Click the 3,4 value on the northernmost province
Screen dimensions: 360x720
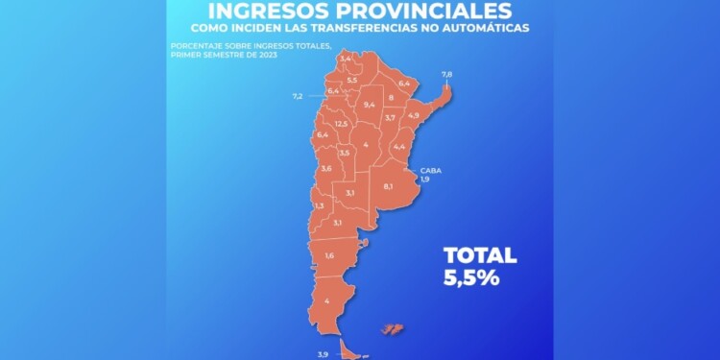346,60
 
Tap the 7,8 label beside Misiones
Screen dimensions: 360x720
446,74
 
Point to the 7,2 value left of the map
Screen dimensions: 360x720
298,96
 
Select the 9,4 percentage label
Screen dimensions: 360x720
370,104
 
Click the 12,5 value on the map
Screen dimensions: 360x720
341,124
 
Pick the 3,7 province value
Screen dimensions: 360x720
391,117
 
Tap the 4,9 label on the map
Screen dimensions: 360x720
414,115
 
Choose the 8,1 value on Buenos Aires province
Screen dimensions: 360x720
388,185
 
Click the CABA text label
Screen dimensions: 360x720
429,170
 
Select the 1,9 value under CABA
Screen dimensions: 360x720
425,179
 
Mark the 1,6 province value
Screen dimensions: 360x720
329,255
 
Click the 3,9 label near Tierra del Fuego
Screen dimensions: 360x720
323,354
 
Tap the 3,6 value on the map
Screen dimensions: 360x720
326,169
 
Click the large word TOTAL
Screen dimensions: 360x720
479,255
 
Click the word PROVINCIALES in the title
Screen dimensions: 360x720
429,11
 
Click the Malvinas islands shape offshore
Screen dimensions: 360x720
392,329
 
